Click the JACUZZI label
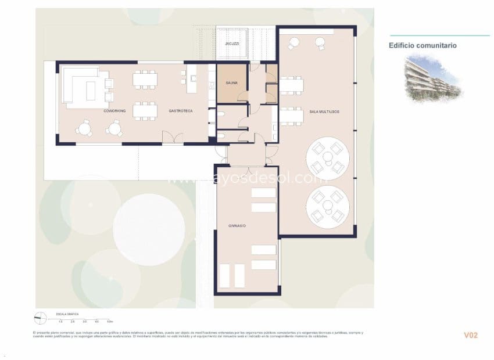point(232,44)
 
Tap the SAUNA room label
point(232,84)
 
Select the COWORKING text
point(115,110)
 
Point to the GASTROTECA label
point(181,110)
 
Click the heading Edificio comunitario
point(422,45)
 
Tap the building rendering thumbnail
point(432,78)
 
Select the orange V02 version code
point(470,335)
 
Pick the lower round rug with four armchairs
point(328,207)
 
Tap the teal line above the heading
point(439,35)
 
